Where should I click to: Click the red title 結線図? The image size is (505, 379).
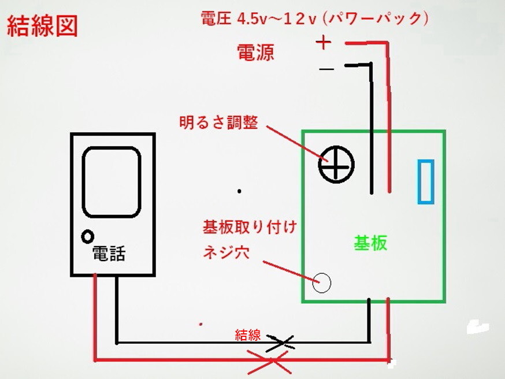tap(42, 26)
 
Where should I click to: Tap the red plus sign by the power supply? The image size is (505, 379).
tap(324, 43)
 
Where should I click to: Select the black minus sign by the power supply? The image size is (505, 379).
tap(326, 69)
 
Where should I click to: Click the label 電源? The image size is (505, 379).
tap(256, 53)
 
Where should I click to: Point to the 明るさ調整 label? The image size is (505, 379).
tap(218, 122)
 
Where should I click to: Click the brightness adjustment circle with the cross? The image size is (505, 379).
tap(336, 164)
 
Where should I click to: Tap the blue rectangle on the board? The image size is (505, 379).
tap(425, 181)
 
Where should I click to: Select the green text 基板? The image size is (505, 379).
tap(370, 243)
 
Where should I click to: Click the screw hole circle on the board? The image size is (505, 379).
tap(322, 283)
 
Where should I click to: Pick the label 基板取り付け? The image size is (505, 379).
tap(250, 227)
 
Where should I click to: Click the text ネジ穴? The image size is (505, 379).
tap(226, 252)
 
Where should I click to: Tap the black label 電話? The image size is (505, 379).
tap(109, 253)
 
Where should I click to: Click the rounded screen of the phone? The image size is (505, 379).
tap(112, 182)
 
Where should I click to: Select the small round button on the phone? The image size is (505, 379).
tap(88, 237)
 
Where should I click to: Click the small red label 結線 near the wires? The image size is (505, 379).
tap(248, 335)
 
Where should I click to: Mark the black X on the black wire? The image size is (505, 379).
tap(280, 343)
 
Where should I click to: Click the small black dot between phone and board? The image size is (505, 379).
tap(239, 191)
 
